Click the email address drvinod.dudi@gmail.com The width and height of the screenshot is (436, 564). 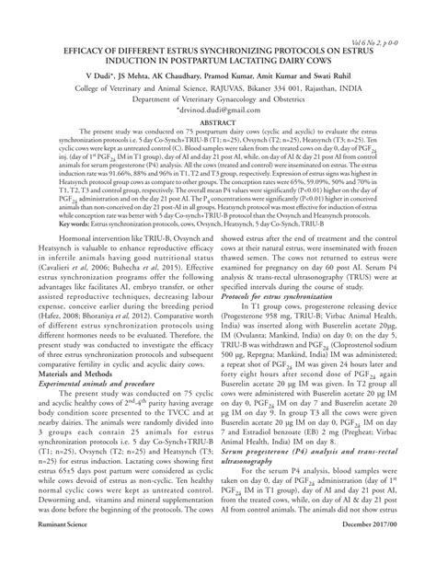click(x=218, y=104)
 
